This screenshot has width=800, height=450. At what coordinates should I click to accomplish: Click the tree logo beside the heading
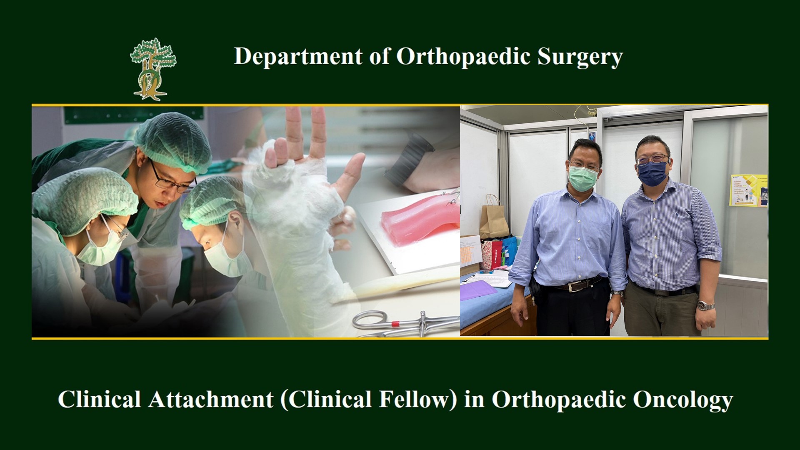[153, 69]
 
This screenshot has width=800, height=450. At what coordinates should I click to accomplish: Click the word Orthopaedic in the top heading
[462, 57]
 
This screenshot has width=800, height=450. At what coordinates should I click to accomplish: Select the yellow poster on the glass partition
[748, 190]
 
